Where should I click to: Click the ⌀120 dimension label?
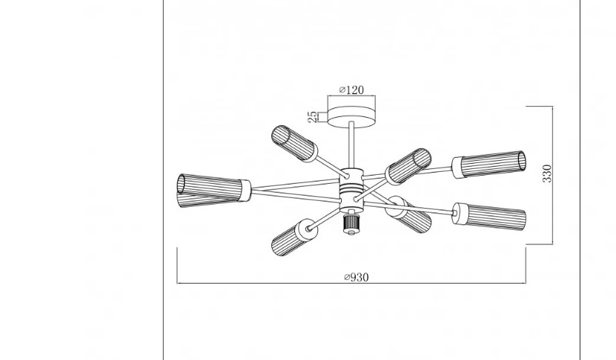click(x=351, y=90)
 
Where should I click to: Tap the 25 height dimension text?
click(x=313, y=116)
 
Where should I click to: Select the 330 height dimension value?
click(x=547, y=173)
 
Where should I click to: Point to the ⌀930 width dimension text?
click(x=357, y=277)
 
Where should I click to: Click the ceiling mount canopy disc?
click(x=351, y=117)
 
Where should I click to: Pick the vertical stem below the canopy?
click(x=351, y=145)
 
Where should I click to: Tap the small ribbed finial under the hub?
click(x=351, y=224)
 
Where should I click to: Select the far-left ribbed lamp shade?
click(x=213, y=190)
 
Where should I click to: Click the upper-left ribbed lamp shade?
click(x=294, y=143)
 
